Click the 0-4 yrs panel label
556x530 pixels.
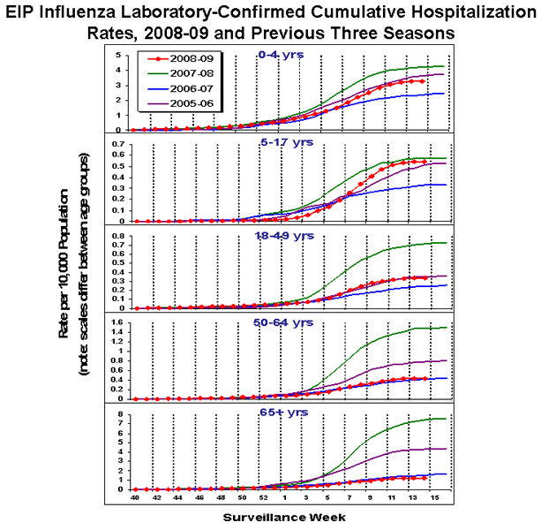[280, 54]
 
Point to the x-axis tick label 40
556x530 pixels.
[135, 499]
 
